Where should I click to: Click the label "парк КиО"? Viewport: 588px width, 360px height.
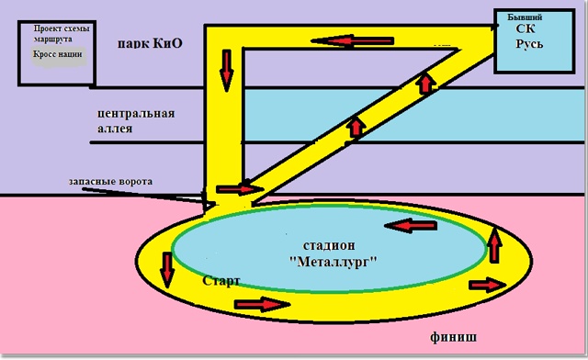pyautogui.click(x=150, y=44)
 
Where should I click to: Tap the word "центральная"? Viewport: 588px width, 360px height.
pyautogui.click(x=136, y=114)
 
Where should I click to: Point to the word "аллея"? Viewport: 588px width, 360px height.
pyautogui.click(x=115, y=129)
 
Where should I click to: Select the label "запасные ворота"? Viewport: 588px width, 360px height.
pyautogui.click(x=110, y=182)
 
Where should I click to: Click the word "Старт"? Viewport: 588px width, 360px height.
pyautogui.click(x=221, y=280)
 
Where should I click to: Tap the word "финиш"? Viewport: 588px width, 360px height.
pyautogui.click(x=453, y=337)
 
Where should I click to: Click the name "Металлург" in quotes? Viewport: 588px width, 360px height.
pyautogui.click(x=334, y=262)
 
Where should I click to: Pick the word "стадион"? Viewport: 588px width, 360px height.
pyautogui.click(x=329, y=245)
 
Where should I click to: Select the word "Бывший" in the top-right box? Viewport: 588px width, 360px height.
pyautogui.click(x=525, y=17)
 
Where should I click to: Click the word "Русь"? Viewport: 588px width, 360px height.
pyautogui.click(x=529, y=44)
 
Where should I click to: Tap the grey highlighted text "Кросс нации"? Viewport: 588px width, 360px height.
pyautogui.click(x=57, y=54)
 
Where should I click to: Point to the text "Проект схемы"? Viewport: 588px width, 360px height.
pyautogui.click(x=62, y=28)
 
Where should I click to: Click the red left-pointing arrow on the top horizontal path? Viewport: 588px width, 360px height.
pyautogui.click(x=353, y=40)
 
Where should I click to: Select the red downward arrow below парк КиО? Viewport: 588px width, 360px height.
pyautogui.click(x=227, y=71)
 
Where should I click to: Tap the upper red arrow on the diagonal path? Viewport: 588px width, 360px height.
pyautogui.click(x=425, y=84)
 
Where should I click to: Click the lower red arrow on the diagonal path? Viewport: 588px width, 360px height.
pyautogui.click(x=356, y=127)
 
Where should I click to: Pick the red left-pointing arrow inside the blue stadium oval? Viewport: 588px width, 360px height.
pyautogui.click(x=411, y=225)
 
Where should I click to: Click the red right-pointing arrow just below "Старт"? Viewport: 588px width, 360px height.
pyautogui.click(x=262, y=304)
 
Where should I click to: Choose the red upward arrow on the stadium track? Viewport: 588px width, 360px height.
pyautogui.click(x=495, y=245)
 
